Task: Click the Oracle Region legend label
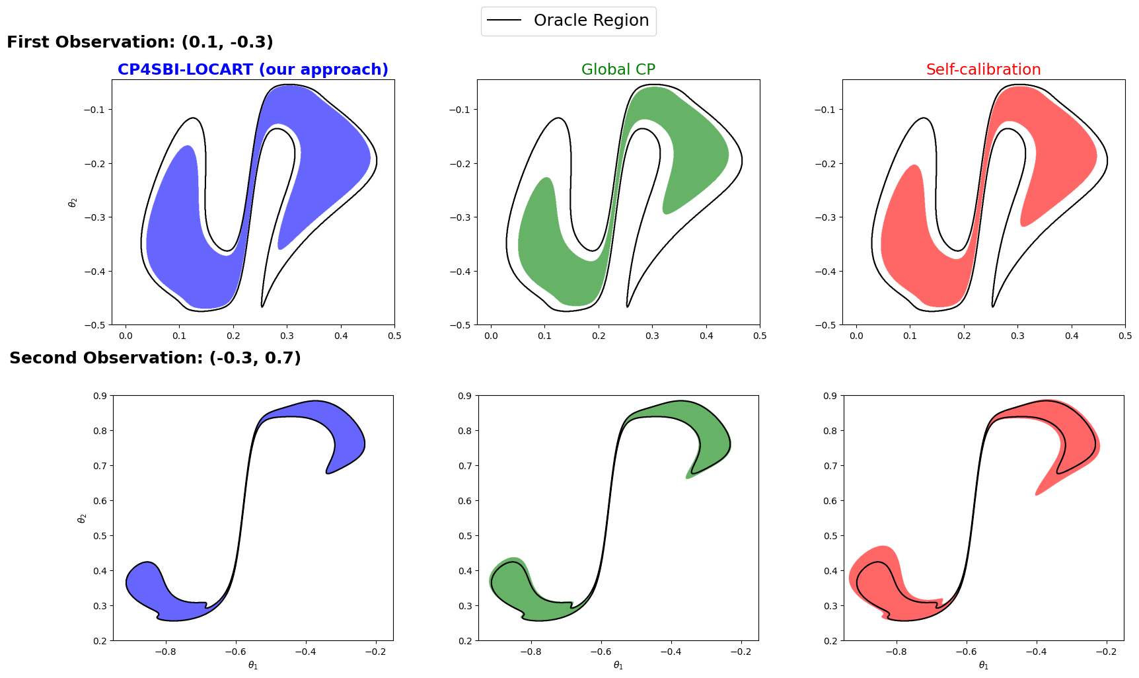point(591,20)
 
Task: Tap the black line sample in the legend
point(505,20)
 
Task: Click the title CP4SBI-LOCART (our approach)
point(253,69)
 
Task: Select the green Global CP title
point(618,69)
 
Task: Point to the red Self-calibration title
point(983,69)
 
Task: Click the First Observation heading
point(140,42)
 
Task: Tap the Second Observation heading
point(155,358)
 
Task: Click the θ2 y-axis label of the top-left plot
point(73,202)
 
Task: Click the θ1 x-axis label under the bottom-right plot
point(983,665)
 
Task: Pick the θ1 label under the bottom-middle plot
point(618,665)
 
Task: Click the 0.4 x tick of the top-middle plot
point(706,336)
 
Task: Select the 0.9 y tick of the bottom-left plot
point(100,396)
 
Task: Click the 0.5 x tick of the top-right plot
point(1125,336)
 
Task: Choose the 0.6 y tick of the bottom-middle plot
point(465,501)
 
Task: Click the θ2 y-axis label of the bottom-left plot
point(82,518)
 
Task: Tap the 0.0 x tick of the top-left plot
point(126,336)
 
